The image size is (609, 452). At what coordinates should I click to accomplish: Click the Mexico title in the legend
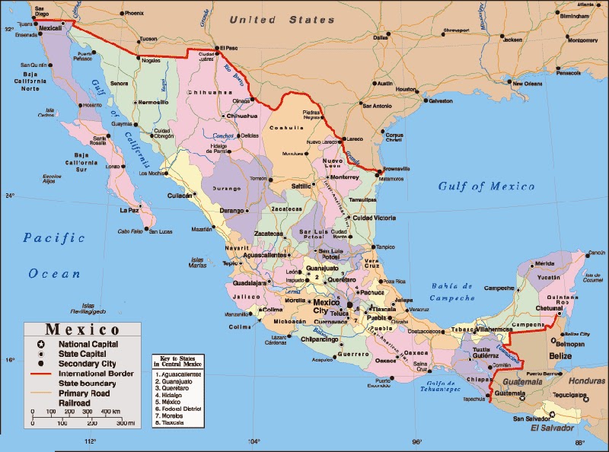[x=82, y=330]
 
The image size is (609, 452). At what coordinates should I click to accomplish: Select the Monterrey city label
[x=344, y=177]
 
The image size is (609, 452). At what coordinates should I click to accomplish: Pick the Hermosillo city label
[x=152, y=102]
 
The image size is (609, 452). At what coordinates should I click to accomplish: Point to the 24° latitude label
[x=10, y=196]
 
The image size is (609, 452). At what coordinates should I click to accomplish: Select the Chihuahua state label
[x=209, y=92]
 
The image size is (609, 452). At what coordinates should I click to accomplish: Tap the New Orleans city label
[x=527, y=84]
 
